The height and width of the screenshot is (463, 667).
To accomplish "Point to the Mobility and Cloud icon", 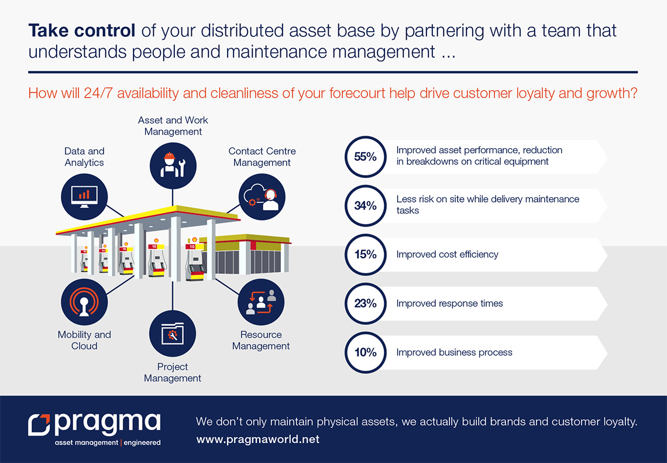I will coord(84,302).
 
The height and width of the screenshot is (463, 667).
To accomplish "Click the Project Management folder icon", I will coord(173,334).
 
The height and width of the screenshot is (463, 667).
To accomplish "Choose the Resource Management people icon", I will coord(261,302).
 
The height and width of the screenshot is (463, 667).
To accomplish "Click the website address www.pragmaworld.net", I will coord(258,439).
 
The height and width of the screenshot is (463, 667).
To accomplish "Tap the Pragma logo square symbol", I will coord(40,425).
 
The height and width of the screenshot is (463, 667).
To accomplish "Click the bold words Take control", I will coord(82,30).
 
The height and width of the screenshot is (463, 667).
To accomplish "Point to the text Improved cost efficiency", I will coord(447,255).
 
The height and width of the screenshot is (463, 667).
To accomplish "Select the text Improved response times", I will coord(449,304).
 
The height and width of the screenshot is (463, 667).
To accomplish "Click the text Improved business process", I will coord(454,352).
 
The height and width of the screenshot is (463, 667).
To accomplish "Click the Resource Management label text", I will coord(261,340).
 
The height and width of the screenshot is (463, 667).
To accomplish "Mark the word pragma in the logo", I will coord(108,424).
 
